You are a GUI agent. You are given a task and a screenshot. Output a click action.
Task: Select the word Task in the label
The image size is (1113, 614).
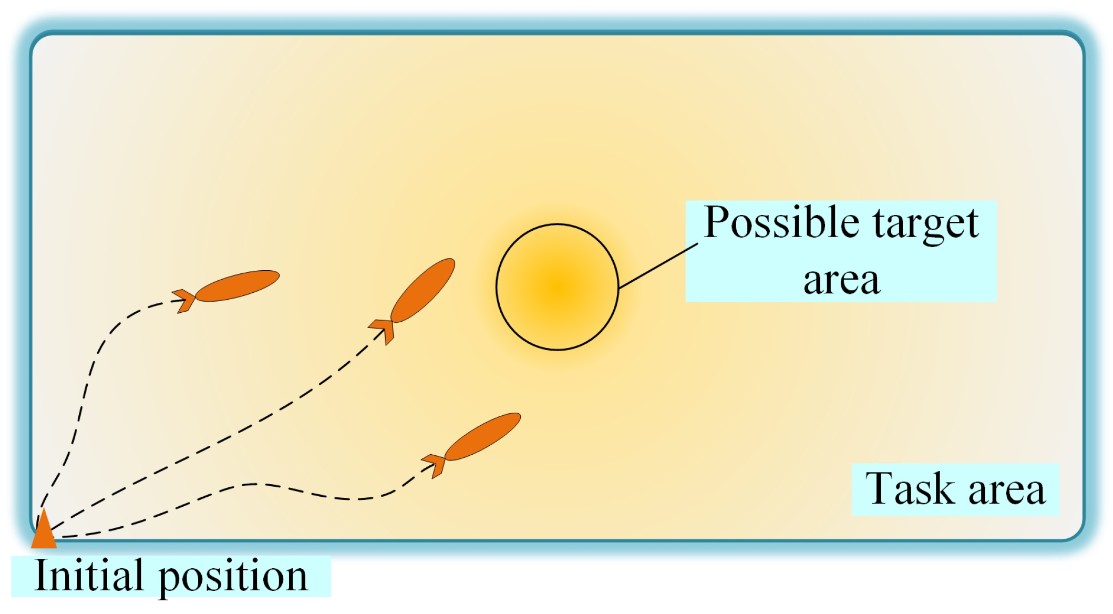click(x=909, y=489)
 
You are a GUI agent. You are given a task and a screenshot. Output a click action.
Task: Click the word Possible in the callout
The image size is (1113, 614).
click(x=781, y=223)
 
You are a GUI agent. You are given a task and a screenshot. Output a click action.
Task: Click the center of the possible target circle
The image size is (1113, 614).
click(x=557, y=287)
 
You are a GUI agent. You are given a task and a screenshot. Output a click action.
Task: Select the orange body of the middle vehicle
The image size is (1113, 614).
click(x=423, y=290)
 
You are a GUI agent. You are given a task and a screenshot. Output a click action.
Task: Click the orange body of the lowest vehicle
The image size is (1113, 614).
click(x=482, y=436)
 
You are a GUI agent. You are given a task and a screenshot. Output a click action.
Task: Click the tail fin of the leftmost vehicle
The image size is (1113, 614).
click(x=185, y=301)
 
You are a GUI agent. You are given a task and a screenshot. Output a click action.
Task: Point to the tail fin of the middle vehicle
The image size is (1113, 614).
click(x=383, y=330)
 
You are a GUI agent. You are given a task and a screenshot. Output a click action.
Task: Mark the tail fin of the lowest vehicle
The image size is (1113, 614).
click(x=436, y=465)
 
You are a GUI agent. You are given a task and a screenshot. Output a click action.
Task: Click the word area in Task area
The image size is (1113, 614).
click(x=1006, y=490)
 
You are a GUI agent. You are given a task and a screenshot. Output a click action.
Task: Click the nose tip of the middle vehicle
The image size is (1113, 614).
click(x=451, y=261)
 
